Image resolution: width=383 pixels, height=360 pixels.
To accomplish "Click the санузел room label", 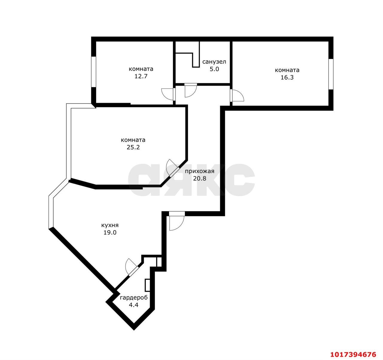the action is click(x=214, y=62).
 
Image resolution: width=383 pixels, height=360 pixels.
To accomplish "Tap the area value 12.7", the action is click(x=141, y=76).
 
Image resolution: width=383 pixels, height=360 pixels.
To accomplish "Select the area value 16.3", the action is click(x=287, y=77).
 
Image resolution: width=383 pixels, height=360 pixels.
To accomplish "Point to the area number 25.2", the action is click(x=133, y=147).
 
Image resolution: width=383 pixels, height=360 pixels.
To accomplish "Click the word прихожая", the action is click(x=200, y=171).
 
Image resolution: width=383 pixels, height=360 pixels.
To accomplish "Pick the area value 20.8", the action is click(x=200, y=179).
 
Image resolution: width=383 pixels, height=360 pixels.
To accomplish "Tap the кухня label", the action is click(x=110, y=225).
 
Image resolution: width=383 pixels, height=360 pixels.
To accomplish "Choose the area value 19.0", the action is click(x=110, y=233).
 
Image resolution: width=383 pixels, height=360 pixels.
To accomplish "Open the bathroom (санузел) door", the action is click(x=191, y=90).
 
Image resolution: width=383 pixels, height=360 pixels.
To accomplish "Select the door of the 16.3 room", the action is click(x=237, y=95).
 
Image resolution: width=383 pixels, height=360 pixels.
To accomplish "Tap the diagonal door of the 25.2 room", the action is click(x=172, y=168).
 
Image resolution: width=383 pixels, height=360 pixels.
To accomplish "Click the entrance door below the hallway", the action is click(x=177, y=221).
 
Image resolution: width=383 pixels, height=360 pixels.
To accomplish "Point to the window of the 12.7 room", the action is click(x=94, y=72).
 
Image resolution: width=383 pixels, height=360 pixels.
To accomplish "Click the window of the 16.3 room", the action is click(x=331, y=74).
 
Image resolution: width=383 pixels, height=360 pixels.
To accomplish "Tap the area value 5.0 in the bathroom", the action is click(x=214, y=69).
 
